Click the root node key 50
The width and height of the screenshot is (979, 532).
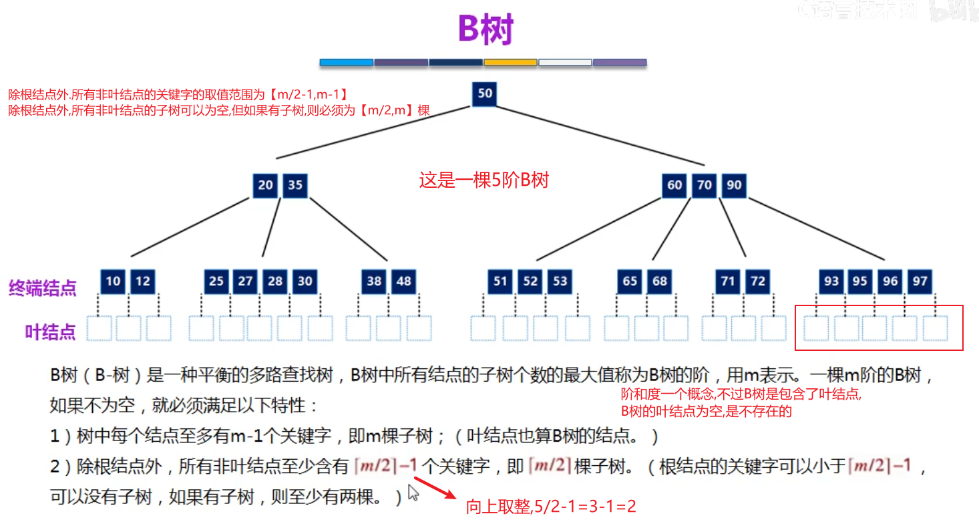(x=485, y=94)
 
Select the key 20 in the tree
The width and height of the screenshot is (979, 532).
(x=266, y=185)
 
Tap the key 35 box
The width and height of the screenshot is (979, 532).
(x=295, y=185)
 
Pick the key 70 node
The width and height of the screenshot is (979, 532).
(x=705, y=185)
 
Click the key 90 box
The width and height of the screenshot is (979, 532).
(x=734, y=185)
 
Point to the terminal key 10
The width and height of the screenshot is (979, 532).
(x=114, y=281)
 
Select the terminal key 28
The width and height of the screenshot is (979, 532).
(x=275, y=281)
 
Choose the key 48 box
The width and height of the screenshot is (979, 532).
(x=403, y=281)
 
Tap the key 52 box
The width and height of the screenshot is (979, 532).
(x=530, y=281)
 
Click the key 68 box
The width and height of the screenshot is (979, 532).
(x=660, y=281)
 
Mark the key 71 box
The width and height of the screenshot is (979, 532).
(x=728, y=281)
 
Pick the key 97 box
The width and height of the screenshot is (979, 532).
(x=920, y=281)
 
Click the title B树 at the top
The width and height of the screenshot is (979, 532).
(x=485, y=30)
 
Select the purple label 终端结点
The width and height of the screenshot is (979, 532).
(x=42, y=289)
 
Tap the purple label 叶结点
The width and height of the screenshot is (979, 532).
(x=51, y=332)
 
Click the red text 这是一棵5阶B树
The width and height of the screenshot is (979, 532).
(x=483, y=180)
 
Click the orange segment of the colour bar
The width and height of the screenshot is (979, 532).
(x=510, y=63)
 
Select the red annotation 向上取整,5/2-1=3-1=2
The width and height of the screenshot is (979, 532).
(x=551, y=507)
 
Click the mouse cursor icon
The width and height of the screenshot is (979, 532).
(x=413, y=493)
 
